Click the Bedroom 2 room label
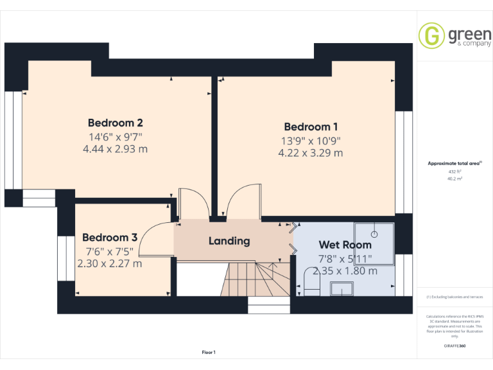click(x=115, y=123)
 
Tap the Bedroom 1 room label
click(x=311, y=127)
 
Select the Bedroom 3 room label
click(x=110, y=237)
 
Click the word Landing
click(x=229, y=241)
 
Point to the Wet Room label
click(x=345, y=245)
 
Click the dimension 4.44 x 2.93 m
click(x=115, y=148)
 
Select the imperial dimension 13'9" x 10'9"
click(x=311, y=140)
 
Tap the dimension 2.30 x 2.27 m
click(x=110, y=263)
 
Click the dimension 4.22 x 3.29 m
click(x=311, y=153)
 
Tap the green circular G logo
click(x=431, y=35)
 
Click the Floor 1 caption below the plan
click(x=209, y=352)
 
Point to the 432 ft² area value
click(x=455, y=172)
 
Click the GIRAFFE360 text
click(x=455, y=346)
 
